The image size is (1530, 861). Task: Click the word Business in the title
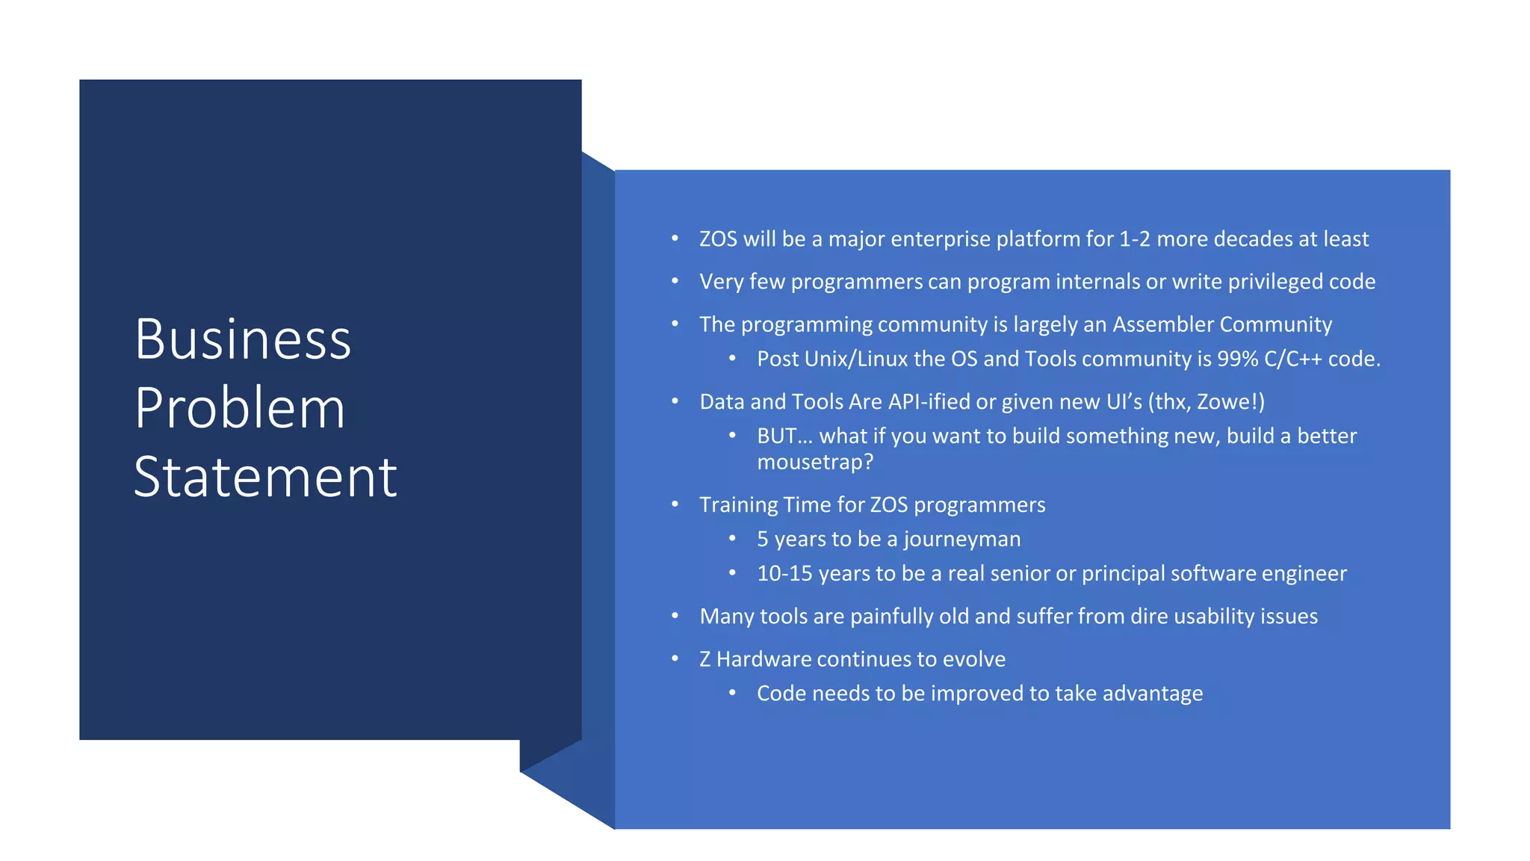[242, 340]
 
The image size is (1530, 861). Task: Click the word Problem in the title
[240, 409]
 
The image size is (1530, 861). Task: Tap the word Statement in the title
[265, 478]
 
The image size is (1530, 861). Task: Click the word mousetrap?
[814, 463]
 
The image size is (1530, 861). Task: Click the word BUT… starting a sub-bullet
[784, 436]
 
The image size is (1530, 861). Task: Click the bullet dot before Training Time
[675, 504]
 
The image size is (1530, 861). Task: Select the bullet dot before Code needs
[732, 693]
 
